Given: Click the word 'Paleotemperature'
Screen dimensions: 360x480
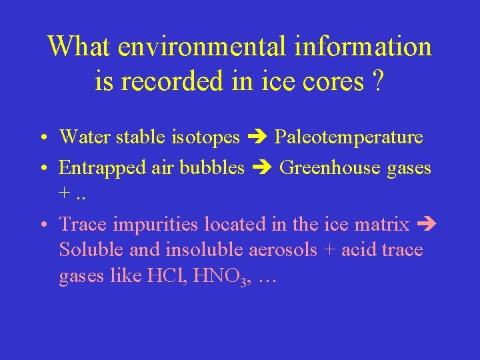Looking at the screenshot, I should click(x=349, y=137).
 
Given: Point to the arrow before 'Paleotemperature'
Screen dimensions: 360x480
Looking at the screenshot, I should click(x=257, y=138).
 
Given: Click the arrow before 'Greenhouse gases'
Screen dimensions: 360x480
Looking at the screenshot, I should click(x=262, y=168).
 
